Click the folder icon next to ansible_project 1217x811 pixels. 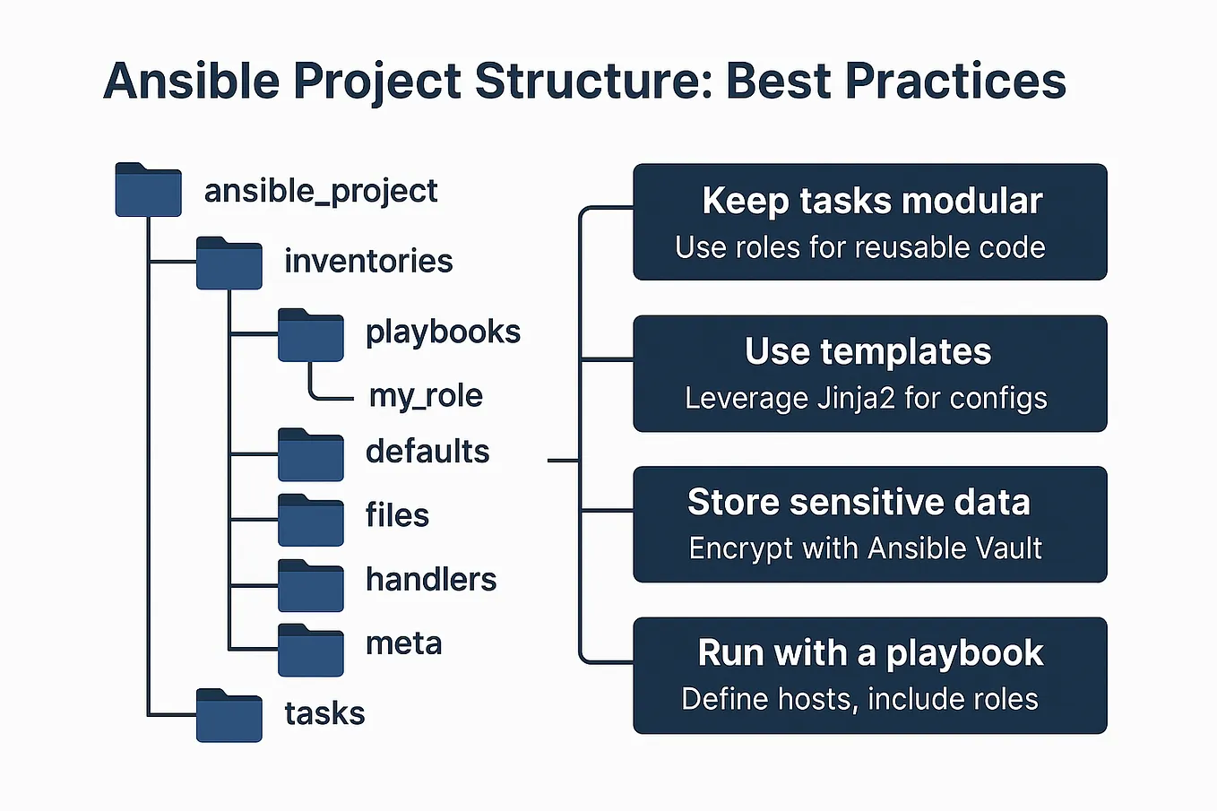coord(149,189)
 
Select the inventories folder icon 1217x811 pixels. coord(229,263)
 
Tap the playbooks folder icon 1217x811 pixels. coord(310,334)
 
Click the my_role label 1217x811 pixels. coord(426,395)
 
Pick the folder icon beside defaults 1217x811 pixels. coord(310,454)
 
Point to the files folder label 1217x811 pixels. coord(397,514)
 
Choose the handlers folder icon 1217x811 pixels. coord(310,585)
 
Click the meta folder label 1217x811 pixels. coord(403,643)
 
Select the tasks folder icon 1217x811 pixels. coord(229,715)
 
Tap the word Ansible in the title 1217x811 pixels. coord(191,80)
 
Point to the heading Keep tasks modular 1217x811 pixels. coord(872,201)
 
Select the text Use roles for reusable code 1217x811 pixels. coord(860,247)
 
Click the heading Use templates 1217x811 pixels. coord(867,352)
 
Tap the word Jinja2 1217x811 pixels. coord(855,398)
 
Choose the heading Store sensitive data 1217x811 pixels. coord(859,501)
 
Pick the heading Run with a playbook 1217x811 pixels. coord(870,653)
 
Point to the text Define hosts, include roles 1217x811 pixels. coord(859,699)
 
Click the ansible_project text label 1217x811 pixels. coord(321,191)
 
